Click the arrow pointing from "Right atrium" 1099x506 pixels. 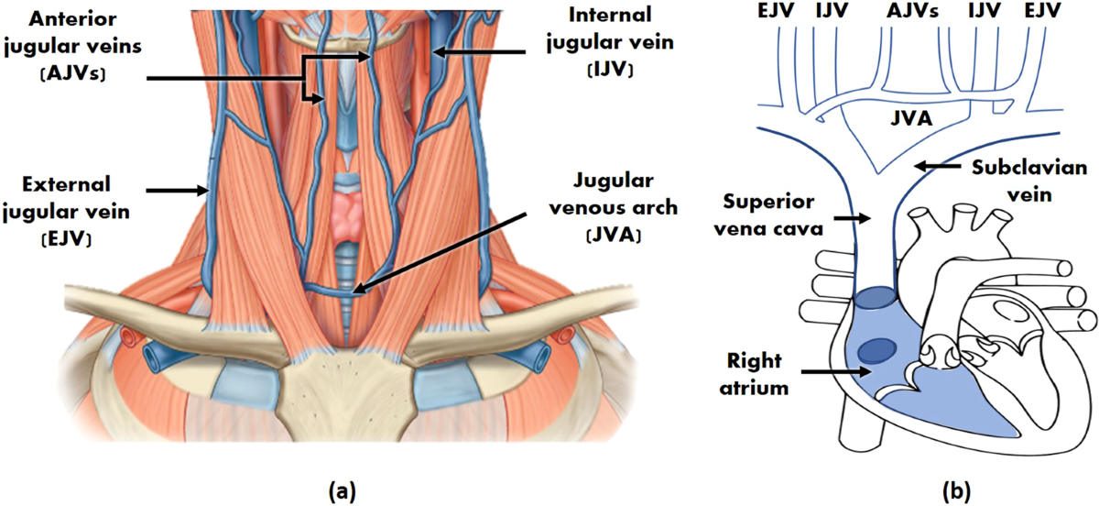pyautogui.click(x=833, y=371)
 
